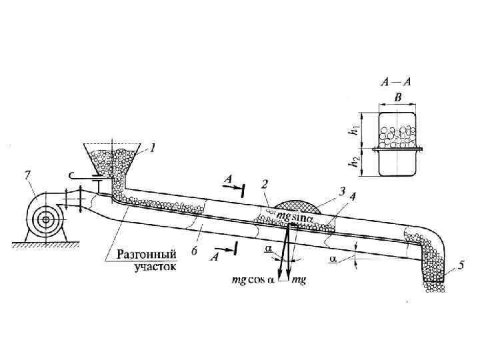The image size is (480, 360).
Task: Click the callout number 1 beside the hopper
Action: pos(153,149)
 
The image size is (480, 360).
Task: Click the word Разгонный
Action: pos(146,254)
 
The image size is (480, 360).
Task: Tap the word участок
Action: pos(155,266)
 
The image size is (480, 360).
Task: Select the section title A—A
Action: pos(395,83)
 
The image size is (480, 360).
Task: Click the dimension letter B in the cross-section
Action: pos(398,97)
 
